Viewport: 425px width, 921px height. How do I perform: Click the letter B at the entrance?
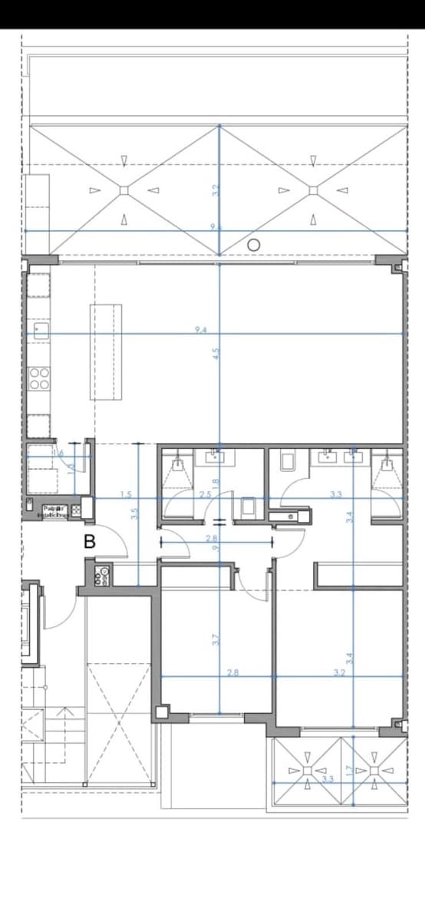click(90, 541)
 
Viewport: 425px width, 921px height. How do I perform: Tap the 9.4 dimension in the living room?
click(201, 330)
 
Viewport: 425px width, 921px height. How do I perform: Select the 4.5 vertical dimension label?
click(216, 354)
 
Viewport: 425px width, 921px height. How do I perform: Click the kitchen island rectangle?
click(106, 352)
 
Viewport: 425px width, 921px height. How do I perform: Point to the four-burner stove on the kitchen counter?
click(39, 378)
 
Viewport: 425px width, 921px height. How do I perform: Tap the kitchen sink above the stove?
click(39, 331)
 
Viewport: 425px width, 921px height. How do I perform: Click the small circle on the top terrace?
click(254, 244)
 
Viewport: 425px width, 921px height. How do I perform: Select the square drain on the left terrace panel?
click(124, 190)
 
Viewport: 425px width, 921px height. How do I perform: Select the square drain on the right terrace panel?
click(313, 190)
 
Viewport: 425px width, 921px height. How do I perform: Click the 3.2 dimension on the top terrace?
click(216, 189)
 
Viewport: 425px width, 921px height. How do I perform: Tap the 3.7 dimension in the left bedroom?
click(216, 639)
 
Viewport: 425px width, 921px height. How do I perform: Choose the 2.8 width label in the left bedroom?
click(233, 673)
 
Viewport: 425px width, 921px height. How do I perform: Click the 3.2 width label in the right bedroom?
click(339, 673)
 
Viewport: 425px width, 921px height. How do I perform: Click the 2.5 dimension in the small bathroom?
click(205, 495)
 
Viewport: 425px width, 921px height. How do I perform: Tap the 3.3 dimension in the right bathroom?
click(335, 495)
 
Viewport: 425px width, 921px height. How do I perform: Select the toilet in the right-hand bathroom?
click(288, 460)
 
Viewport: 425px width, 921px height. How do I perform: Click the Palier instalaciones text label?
click(54, 510)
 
